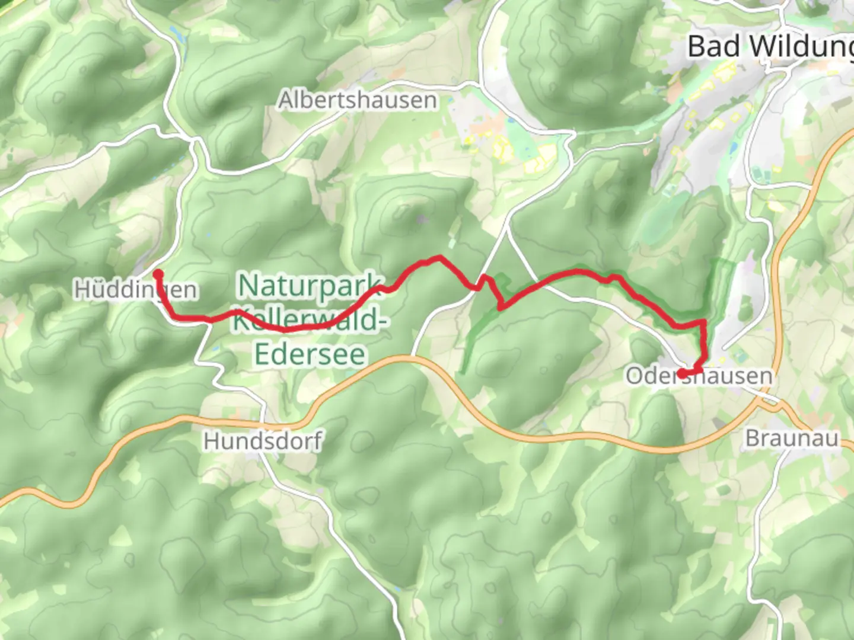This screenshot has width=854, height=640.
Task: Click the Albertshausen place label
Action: click(358, 100)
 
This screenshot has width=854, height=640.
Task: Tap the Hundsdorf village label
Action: click(263, 441)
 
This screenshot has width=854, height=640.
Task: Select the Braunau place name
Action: click(792, 439)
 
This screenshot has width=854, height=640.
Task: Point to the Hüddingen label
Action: click(135, 290)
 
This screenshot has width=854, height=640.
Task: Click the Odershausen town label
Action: click(699, 376)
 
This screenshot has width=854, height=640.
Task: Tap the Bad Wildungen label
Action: click(770, 46)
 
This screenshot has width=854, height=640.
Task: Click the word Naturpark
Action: click(311, 286)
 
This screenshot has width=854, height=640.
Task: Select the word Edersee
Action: click(310, 354)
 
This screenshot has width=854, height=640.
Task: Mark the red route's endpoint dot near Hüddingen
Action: click(158, 274)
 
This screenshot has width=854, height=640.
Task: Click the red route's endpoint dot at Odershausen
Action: click(683, 373)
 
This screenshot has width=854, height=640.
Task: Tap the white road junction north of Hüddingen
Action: click(194, 140)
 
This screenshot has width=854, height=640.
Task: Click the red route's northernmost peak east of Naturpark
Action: click(439, 257)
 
